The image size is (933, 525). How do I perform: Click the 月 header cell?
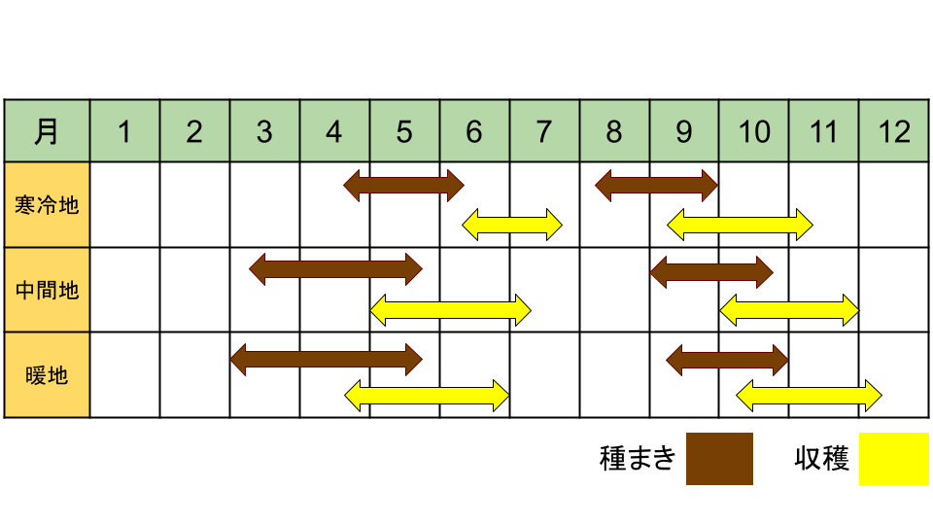tap(47, 131)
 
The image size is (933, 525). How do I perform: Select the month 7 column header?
tap(544, 131)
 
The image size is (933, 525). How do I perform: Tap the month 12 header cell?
tap(894, 131)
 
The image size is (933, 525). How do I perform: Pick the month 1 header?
tap(125, 131)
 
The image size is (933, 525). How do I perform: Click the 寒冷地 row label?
tap(47, 205)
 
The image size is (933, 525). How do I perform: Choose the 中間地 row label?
tap(47, 290)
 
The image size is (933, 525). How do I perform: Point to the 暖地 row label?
tap(47, 375)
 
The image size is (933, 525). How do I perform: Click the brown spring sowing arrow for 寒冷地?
tap(403, 185)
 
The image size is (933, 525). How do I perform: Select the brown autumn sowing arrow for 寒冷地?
tap(656, 185)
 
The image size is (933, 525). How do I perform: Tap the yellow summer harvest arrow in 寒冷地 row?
tap(512, 225)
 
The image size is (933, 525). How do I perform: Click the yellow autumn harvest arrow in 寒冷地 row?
tap(740, 225)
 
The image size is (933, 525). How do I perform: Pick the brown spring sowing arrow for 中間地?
tap(335, 269)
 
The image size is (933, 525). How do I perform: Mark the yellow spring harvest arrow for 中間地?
tap(450, 309)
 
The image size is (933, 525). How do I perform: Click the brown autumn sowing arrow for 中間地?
tap(711, 272)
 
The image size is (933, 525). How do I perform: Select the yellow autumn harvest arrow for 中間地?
tap(789, 309)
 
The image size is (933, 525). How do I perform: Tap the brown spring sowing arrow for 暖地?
tap(327, 360)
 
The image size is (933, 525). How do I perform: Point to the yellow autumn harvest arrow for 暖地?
tap(809, 396)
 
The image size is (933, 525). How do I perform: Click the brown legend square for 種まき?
tap(719, 458)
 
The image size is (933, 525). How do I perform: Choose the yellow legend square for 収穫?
tap(894, 458)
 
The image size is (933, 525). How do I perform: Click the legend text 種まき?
tap(638, 459)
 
